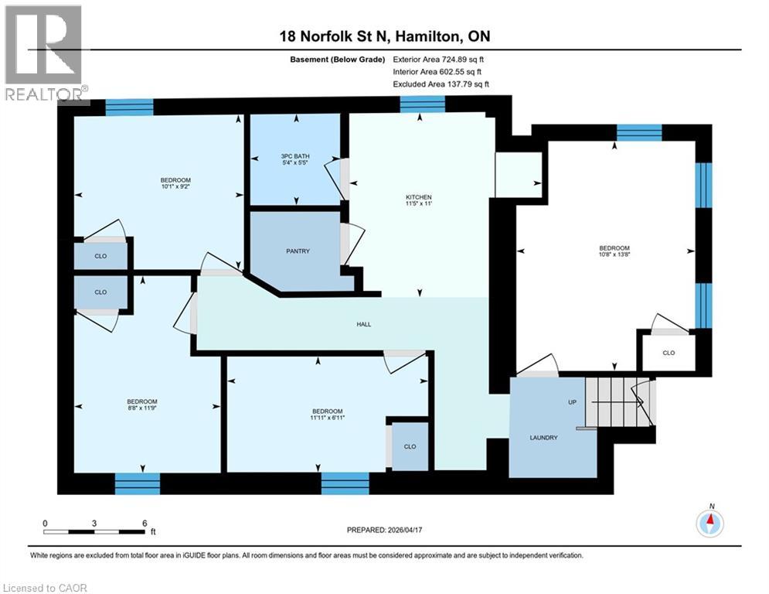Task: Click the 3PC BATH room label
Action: pyautogui.click(x=294, y=158)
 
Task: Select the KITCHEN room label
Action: pyautogui.click(x=419, y=197)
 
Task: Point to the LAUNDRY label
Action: pyautogui.click(x=543, y=438)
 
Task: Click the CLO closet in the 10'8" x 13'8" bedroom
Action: pyautogui.click(x=668, y=353)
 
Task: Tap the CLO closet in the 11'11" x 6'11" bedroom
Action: pyautogui.click(x=410, y=446)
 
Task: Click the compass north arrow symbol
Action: pyautogui.click(x=709, y=524)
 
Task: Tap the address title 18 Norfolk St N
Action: pyautogui.click(x=384, y=36)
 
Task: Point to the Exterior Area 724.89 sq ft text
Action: pyautogui.click(x=438, y=59)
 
